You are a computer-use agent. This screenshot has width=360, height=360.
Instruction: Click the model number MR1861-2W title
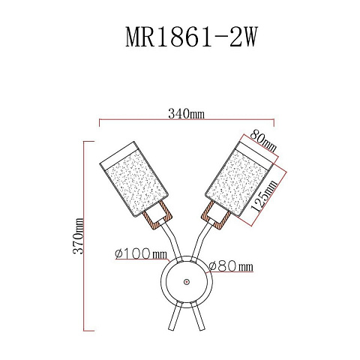tap(191, 37)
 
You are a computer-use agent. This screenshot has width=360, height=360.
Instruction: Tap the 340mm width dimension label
tap(187, 114)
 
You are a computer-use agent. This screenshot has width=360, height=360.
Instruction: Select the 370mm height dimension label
tap(78, 236)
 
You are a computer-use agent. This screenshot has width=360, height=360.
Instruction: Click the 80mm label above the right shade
tap(263, 141)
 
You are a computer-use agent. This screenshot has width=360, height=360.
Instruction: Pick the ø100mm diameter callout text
tap(141, 253)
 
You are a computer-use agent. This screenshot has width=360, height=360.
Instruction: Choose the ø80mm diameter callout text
tap(231, 266)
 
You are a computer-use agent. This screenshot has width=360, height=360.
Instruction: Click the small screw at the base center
tap(187, 282)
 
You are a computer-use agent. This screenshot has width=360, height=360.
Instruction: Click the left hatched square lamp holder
tap(157, 214)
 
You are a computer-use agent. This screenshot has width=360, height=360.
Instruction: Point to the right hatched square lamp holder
tap(215, 214)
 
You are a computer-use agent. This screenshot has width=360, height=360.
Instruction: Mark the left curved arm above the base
tap(172, 241)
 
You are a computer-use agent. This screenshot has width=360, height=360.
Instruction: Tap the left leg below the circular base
tap(175, 316)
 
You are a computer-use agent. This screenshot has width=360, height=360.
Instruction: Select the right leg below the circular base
tap(198, 316)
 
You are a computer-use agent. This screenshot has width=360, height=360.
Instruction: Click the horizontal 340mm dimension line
tap(187, 119)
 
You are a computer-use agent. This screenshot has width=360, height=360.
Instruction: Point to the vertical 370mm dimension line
tap(84, 236)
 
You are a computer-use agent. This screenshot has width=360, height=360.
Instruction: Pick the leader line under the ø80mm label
tap(230, 271)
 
